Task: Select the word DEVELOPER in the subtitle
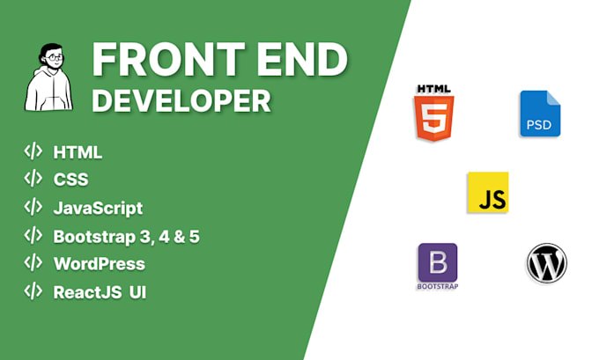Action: [181, 101]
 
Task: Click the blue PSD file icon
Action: [540, 114]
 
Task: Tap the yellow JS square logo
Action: [487, 193]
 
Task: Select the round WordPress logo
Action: [546, 262]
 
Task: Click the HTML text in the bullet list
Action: [78, 152]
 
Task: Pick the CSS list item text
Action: [70, 180]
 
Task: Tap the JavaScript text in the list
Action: [98, 209]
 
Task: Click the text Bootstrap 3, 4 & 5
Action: [126, 236]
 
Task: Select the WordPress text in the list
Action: [99, 263]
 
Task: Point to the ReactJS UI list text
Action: [100, 291]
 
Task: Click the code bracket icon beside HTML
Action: [33, 151]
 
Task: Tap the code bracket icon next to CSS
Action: [33, 179]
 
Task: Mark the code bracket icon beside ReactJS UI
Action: [33, 290]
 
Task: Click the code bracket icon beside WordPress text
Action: [33, 262]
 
